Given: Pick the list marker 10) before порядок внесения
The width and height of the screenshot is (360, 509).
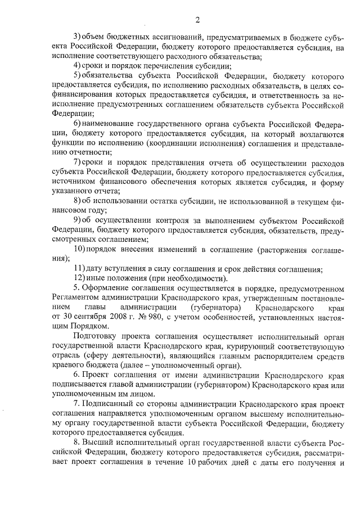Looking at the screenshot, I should click(80, 249).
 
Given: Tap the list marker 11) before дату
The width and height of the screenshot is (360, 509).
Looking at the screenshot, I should click(80, 268).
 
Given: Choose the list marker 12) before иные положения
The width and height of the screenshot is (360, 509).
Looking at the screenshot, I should click(80, 278).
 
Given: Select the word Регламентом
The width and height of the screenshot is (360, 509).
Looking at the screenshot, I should click(75, 298).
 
